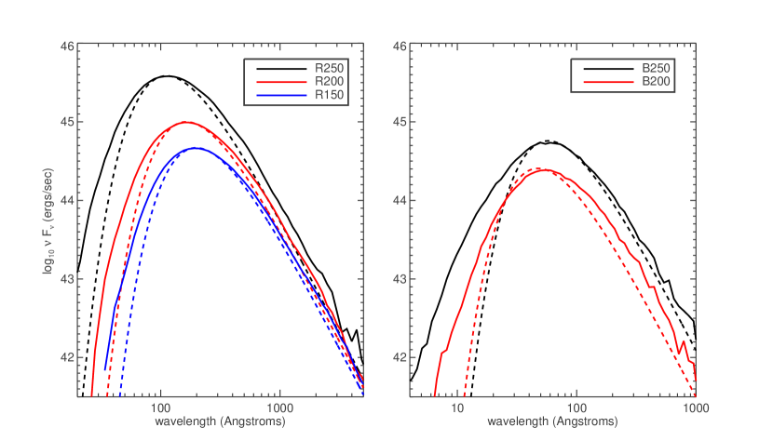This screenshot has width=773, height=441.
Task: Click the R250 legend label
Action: coord(329,68)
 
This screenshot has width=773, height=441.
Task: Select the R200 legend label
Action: coord(329,82)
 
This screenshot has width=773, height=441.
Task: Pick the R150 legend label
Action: coord(329,95)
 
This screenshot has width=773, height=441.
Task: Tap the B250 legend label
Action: coord(657,68)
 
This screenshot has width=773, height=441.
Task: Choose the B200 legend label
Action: coord(657,82)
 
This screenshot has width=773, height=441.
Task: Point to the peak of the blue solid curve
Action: coord(197,148)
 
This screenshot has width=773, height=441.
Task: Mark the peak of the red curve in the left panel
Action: coord(185,122)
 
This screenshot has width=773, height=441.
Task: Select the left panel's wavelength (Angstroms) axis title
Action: coord(221,421)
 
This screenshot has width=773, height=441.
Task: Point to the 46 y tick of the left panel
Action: coord(68,45)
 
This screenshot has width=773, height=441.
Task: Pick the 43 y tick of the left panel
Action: coord(68,279)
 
